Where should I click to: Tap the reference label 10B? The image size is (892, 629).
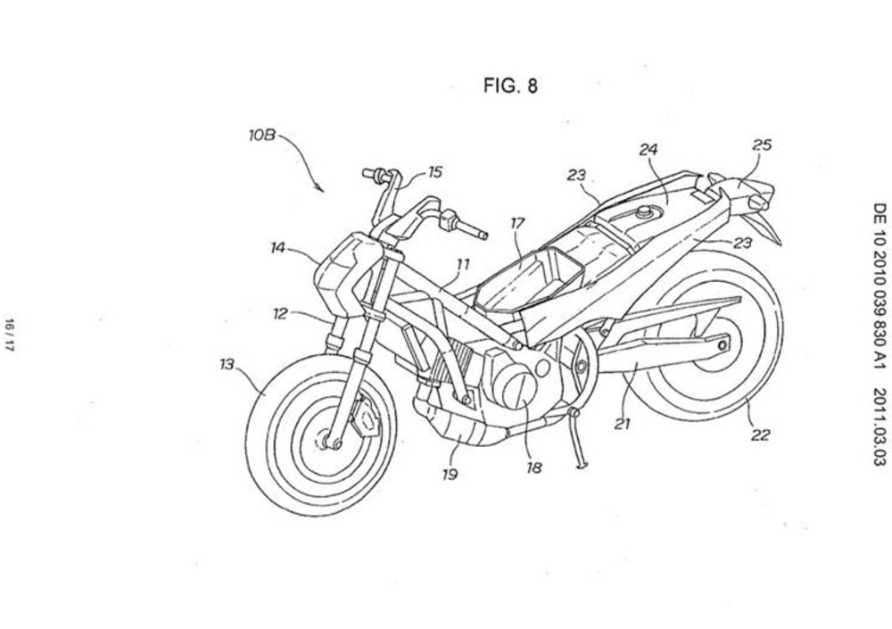(x=262, y=137)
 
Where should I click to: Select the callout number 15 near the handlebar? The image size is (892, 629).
(x=434, y=172)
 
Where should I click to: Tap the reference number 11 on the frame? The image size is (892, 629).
(x=462, y=264)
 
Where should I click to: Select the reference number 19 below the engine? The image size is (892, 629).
(x=450, y=474)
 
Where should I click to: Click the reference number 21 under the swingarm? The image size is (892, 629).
(x=623, y=425)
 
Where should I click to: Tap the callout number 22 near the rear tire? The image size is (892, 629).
(x=760, y=435)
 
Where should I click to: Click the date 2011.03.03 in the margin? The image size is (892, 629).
(x=879, y=426)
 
